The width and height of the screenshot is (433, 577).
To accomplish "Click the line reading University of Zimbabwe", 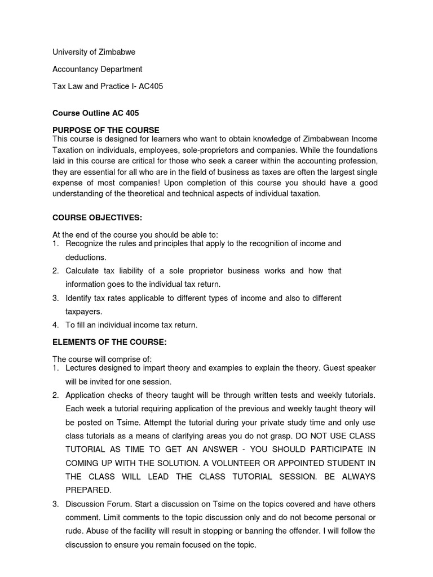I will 94,52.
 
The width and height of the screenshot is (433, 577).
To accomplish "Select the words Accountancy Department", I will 97,69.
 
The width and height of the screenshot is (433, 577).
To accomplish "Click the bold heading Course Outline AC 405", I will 95,113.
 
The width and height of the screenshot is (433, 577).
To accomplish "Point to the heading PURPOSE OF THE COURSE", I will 106,130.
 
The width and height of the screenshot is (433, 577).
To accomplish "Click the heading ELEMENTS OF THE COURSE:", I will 109,342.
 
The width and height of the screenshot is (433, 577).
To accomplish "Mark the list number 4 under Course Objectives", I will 56,325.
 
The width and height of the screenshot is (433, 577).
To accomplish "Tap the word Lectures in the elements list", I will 82,368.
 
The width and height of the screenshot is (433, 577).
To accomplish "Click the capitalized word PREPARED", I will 89,490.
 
